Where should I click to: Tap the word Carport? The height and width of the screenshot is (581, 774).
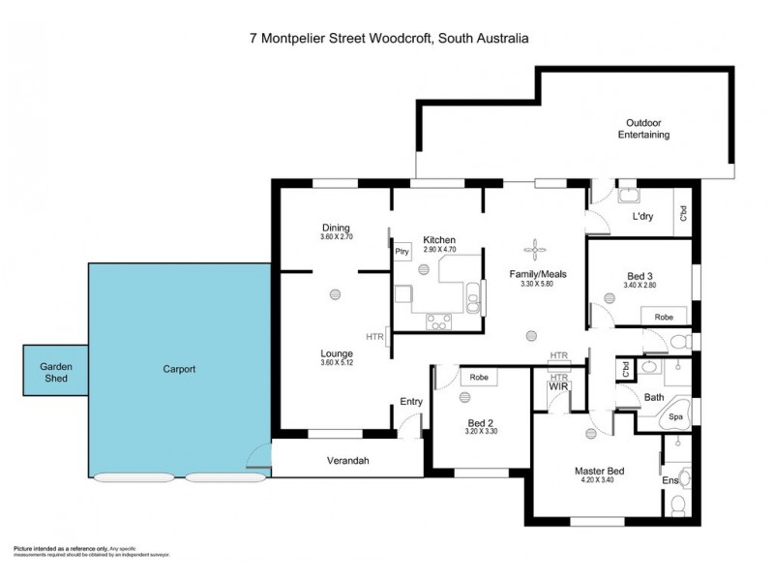point(179,369)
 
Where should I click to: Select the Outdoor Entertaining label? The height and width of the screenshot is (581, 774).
point(643,129)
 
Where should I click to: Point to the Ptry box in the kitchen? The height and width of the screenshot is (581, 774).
point(402,252)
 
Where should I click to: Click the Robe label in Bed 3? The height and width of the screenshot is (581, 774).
point(664,317)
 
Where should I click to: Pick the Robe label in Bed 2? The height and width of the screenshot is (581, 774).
point(479,377)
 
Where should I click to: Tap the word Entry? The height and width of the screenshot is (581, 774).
point(411,402)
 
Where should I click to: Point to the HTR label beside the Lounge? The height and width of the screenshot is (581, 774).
point(375,337)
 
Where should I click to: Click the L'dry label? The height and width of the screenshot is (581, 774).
point(642,217)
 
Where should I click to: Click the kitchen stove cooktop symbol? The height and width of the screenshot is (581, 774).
point(437,322)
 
